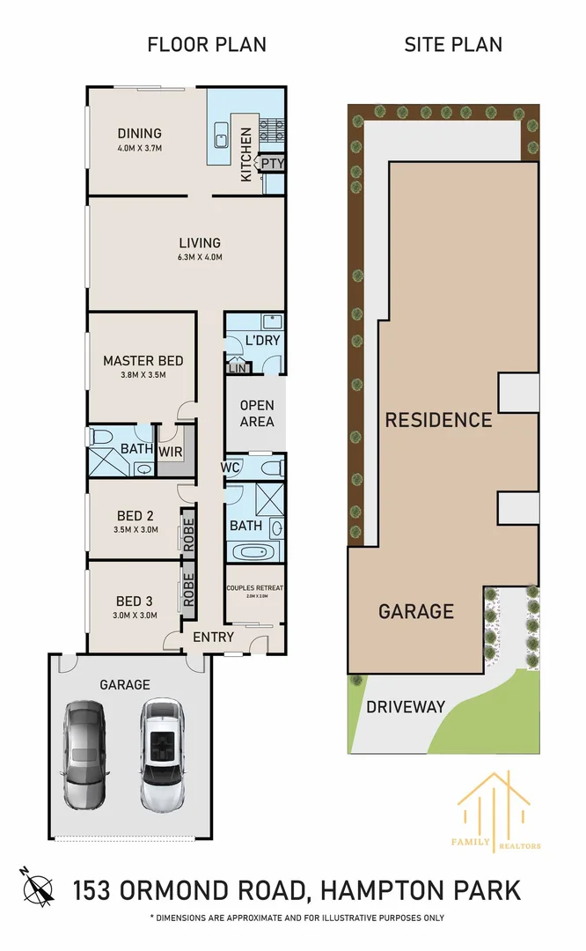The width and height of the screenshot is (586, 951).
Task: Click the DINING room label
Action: (140, 134)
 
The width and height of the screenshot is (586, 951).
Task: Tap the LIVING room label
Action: (200, 243)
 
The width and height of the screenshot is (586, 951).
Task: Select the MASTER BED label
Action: (143, 360)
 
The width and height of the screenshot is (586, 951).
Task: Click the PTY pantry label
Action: (273, 163)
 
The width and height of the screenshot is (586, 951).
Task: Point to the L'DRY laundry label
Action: (262, 340)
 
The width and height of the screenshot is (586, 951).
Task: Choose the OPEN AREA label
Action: (257, 414)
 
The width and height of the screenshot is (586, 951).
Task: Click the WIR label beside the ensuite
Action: (171, 451)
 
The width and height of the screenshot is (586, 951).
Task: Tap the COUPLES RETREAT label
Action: (254, 588)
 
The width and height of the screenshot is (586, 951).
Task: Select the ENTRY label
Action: (213, 638)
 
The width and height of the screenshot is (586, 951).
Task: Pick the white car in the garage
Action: (162, 754)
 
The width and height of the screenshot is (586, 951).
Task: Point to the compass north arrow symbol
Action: (38, 885)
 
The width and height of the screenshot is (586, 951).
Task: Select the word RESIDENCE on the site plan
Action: (438, 419)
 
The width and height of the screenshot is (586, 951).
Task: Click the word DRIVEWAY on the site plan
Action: (406, 706)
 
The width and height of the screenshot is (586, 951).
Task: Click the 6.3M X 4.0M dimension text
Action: (200, 258)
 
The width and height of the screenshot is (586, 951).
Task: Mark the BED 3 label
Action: (136, 601)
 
